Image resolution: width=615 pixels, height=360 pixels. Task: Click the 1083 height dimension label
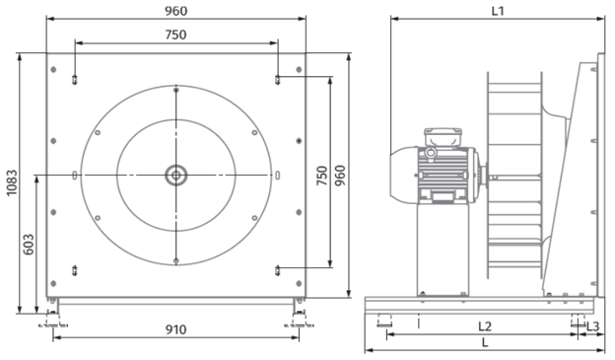coord(12,182)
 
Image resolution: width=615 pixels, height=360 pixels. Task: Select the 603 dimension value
coord(29,245)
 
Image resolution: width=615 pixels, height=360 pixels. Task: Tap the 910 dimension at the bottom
coord(175,329)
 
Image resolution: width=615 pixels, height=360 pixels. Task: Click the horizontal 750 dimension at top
coord(175,35)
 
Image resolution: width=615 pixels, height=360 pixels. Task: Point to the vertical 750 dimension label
coord(321,176)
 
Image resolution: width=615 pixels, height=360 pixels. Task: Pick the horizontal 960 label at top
coord(175,11)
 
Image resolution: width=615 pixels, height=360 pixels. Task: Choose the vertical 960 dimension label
coord(340,176)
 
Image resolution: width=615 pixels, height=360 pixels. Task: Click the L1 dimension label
coord(498,11)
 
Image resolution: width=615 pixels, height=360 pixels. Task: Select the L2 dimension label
coord(485,325)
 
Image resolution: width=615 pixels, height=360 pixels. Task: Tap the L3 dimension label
coord(593,325)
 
